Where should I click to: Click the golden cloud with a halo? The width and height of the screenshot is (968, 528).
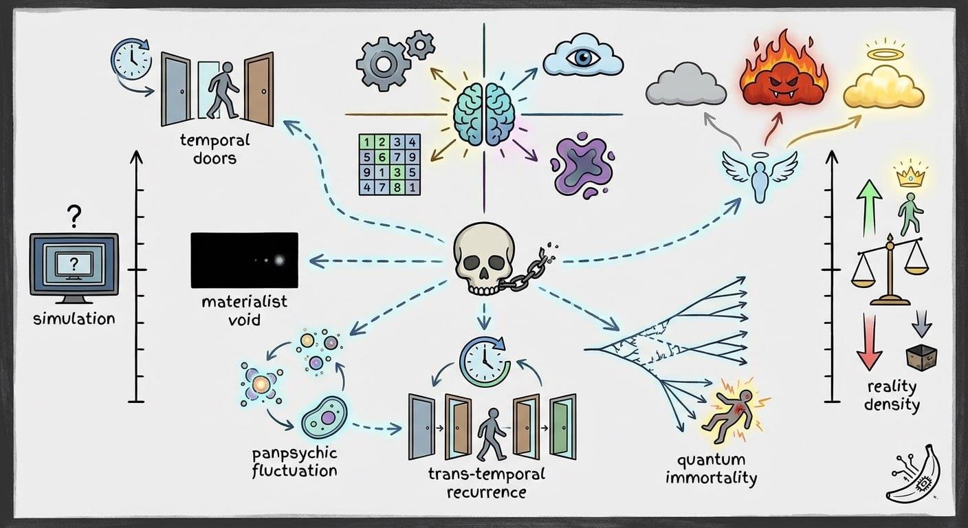tap(883, 86)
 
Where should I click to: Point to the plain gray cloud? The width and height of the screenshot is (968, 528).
tap(685, 84)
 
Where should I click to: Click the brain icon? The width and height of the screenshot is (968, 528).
tap(485, 114)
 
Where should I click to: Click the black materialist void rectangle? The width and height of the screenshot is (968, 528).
tap(244, 261)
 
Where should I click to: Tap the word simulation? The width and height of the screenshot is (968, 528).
tap(74, 319)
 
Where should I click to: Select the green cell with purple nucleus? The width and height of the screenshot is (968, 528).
tap(324, 415)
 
